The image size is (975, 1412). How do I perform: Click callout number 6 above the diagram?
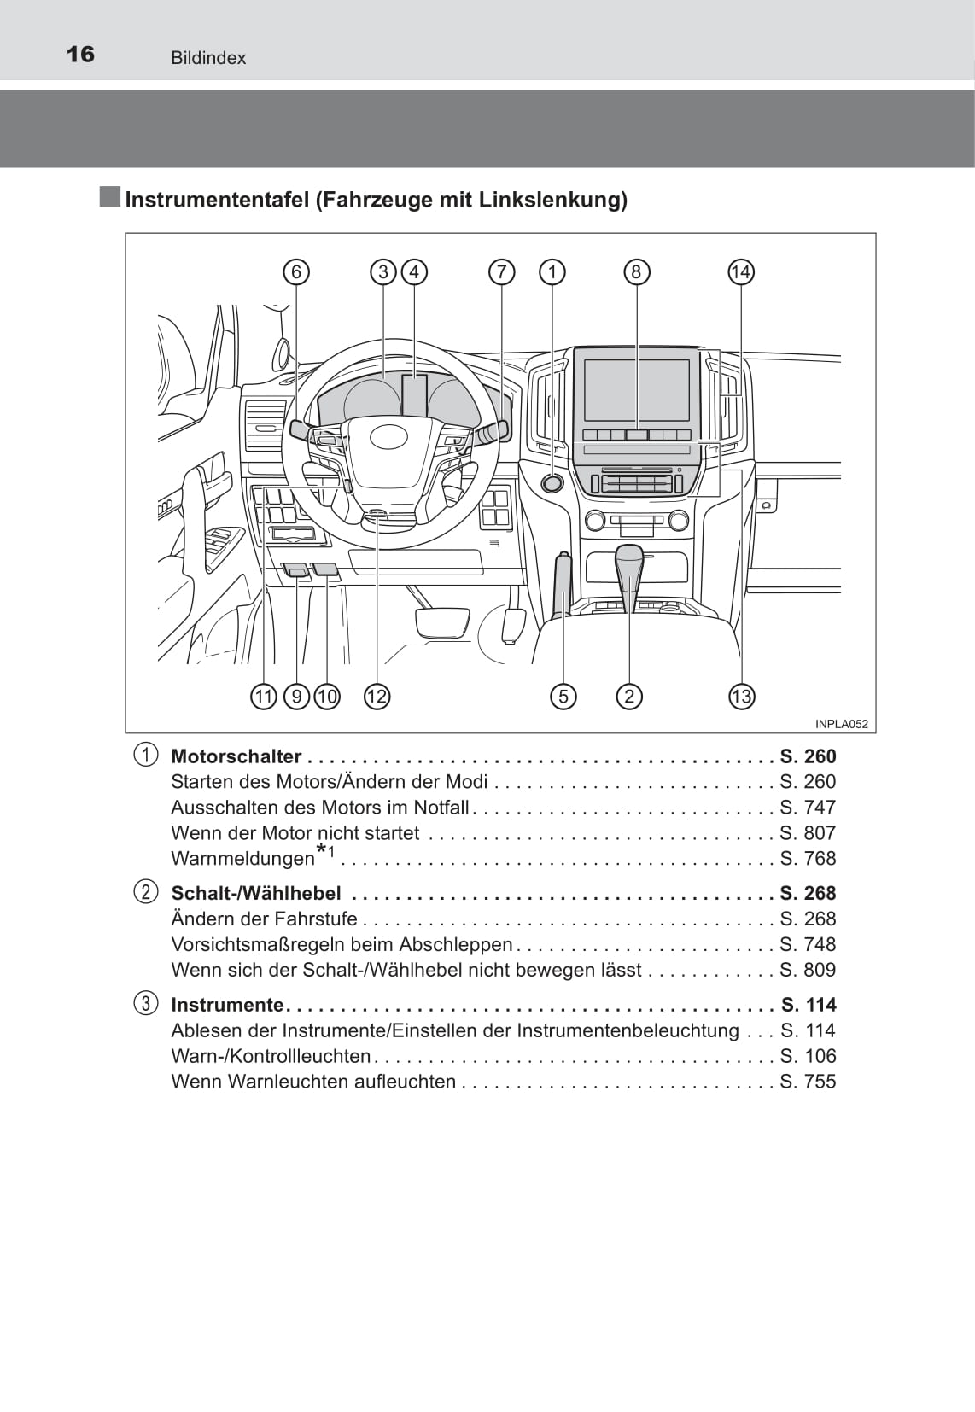[x=296, y=272]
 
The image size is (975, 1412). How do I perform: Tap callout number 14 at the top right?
[x=740, y=272]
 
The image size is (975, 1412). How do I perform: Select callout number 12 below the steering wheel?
[x=377, y=697]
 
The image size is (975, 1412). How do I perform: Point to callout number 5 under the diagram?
[x=563, y=697]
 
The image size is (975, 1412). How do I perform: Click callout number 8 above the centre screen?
[x=636, y=272]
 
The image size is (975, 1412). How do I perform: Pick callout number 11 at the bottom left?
[x=264, y=697]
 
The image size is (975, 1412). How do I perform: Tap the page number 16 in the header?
[x=80, y=55]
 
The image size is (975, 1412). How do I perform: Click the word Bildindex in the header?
[x=208, y=58]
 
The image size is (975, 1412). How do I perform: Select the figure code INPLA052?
[x=841, y=724]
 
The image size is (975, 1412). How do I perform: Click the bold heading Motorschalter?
[x=236, y=756]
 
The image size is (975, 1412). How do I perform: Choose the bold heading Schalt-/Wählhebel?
[x=256, y=893]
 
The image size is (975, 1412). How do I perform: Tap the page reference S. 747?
[x=808, y=807]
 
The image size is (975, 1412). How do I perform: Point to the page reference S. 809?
[x=808, y=970]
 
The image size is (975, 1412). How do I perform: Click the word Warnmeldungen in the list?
[x=242, y=858]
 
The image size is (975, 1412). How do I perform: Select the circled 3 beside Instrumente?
[x=146, y=1004]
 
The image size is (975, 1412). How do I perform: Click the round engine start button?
[x=553, y=483]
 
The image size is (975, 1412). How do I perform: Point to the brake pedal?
[x=442, y=622]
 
